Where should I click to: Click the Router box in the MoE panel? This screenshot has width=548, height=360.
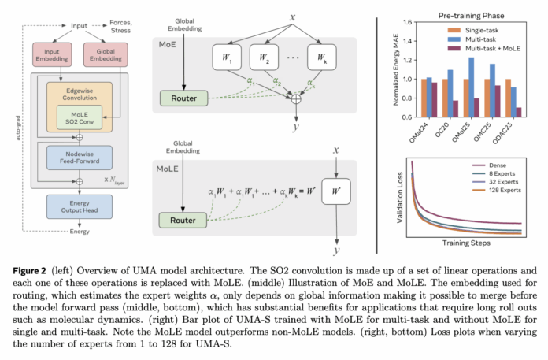pyautogui.click(x=183, y=98)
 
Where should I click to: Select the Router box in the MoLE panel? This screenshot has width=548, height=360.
pyautogui.click(x=183, y=218)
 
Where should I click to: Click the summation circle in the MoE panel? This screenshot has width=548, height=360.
pyautogui.click(x=296, y=99)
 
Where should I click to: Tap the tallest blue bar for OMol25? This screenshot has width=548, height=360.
pyautogui.click(x=471, y=79)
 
